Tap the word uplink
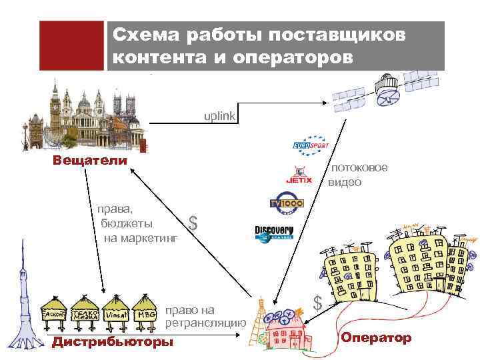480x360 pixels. pyautogui.click(x=219, y=116)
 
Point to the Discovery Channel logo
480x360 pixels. pyautogui.click(x=273, y=233)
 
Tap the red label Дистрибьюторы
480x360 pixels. pyautogui.click(x=112, y=342)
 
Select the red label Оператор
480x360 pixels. pyautogui.click(x=376, y=338)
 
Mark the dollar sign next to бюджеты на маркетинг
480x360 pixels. pyautogui.click(x=193, y=223)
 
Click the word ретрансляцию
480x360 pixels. pyautogui.click(x=206, y=323)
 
